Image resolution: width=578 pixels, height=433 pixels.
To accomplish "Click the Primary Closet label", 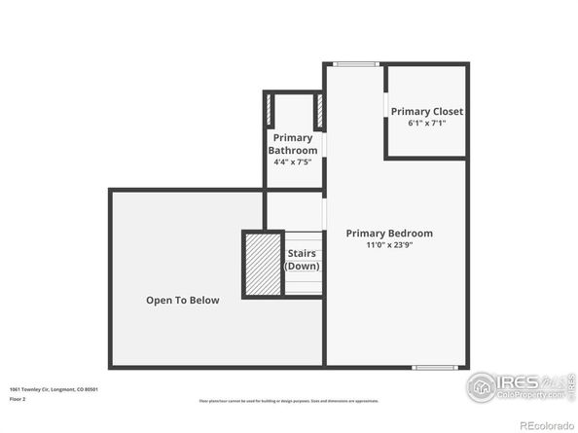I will click(426, 112).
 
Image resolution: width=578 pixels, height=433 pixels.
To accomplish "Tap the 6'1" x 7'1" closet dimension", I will click(426, 124).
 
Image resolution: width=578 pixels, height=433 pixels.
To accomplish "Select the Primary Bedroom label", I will click(389, 234).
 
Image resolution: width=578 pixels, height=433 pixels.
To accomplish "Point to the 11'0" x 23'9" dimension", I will click(389, 245).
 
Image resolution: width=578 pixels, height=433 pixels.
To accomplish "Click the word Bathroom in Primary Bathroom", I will click(293, 150).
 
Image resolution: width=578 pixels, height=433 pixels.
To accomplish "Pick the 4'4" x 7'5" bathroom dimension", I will click(293, 162).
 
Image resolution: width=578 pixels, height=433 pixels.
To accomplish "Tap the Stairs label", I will click(301, 253).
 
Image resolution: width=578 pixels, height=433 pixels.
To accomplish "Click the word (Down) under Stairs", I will click(301, 266).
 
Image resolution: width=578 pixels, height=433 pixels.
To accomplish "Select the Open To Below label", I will click(183, 301).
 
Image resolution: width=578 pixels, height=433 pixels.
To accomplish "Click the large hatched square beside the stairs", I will click(262, 263).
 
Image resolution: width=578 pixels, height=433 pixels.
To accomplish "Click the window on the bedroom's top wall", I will click(355, 64).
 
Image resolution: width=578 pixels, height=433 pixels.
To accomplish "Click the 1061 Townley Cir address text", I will click(54, 389).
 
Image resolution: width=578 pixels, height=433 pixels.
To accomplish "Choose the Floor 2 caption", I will click(18, 399).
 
